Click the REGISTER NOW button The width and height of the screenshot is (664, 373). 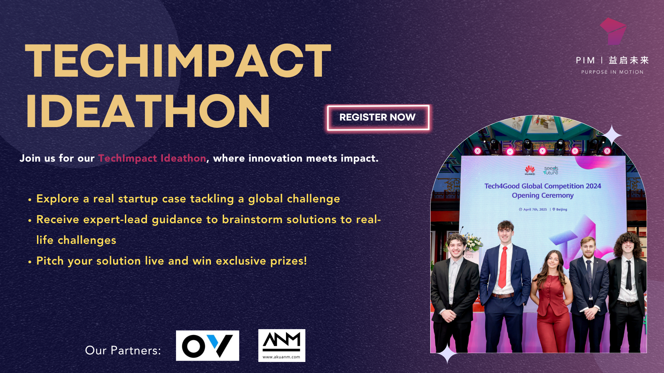coord(378,118)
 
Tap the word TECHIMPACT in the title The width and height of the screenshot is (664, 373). coord(178,61)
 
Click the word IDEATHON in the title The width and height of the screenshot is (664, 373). coord(148,111)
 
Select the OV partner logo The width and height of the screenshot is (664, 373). coord(207,346)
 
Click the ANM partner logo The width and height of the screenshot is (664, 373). coord(282,345)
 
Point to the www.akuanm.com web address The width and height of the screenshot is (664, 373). coord(282,357)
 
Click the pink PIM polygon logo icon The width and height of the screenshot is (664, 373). coord(613,31)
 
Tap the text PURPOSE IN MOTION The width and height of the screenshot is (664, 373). coord(612,72)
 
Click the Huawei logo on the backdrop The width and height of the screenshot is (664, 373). coord(530,170)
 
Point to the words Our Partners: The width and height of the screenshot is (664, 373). coord(123,351)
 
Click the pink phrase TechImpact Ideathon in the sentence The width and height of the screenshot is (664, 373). coord(152,158)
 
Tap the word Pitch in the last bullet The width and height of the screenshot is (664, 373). coord(50,261)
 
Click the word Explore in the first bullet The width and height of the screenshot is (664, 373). coord(58,199)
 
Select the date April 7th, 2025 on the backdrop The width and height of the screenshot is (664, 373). coord(535,209)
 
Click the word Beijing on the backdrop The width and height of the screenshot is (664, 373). coord(562,209)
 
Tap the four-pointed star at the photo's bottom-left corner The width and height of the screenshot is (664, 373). coord(447,354)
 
